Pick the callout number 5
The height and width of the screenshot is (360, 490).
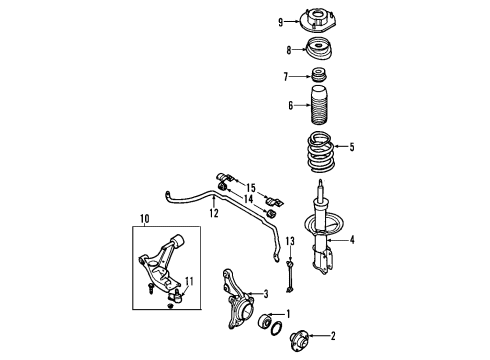[x=351, y=146]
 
